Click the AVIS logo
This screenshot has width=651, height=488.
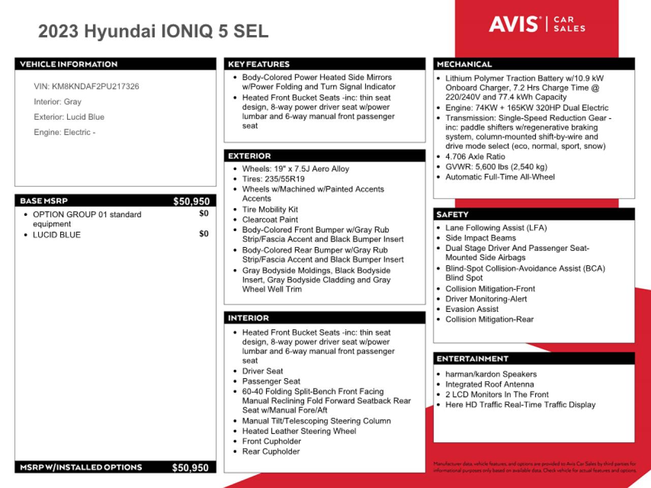(514, 24)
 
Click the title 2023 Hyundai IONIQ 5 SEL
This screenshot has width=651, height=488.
(153, 32)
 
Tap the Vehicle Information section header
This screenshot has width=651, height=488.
(69, 64)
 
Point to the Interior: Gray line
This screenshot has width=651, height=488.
(57, 102)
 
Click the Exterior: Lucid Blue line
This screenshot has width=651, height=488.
(69, 117)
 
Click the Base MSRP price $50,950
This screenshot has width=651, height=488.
(191, 202)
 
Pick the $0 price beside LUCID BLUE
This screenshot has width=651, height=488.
(203, 234)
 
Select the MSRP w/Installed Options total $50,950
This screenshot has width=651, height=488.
(190, 468)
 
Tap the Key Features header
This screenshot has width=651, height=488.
(259, 64)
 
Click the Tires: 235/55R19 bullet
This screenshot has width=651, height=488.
(273, 179)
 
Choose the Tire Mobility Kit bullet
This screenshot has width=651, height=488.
(270, 210)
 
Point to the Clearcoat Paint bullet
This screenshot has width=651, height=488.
(270, 220)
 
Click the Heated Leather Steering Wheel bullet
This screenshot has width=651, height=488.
(299, 431)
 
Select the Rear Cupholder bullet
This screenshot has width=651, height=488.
(271, 451)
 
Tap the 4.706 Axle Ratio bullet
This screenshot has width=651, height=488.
(475, 157)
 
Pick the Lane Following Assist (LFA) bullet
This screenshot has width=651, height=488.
(496, 228)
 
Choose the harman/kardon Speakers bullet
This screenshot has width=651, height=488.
(491, 374)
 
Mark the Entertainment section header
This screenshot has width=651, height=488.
(472, 359)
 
